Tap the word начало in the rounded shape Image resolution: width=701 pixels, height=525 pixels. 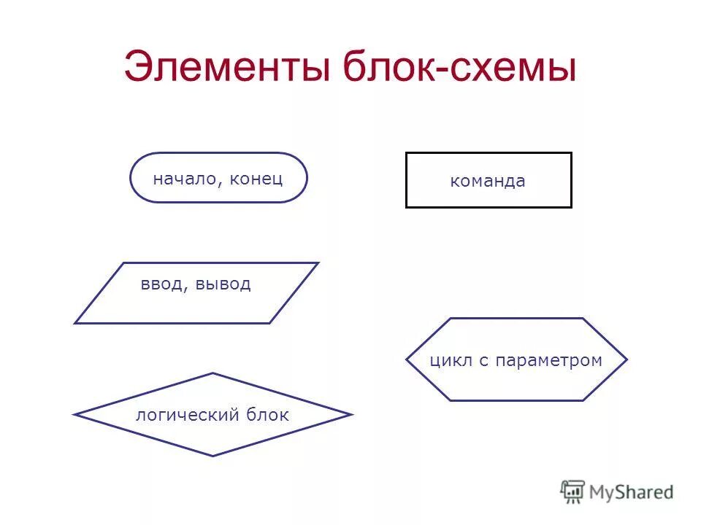[183, 179]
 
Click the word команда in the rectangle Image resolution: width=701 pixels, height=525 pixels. [488, 182]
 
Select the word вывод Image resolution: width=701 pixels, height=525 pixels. [223, 284]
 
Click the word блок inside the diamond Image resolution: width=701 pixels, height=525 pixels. [267, 416]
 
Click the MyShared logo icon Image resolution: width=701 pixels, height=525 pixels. [573, 492]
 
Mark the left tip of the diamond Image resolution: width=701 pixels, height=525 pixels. [74, 415]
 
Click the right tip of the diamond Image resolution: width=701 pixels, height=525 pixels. [352, 415]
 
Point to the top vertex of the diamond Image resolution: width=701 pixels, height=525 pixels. [212, 373]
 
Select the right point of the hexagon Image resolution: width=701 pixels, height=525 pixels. [627, 359]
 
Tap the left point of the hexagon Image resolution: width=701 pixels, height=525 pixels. [407, 359]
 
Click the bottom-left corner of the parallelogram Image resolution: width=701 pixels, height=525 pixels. [75, 323]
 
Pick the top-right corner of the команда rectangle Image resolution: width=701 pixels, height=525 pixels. [571, 153]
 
